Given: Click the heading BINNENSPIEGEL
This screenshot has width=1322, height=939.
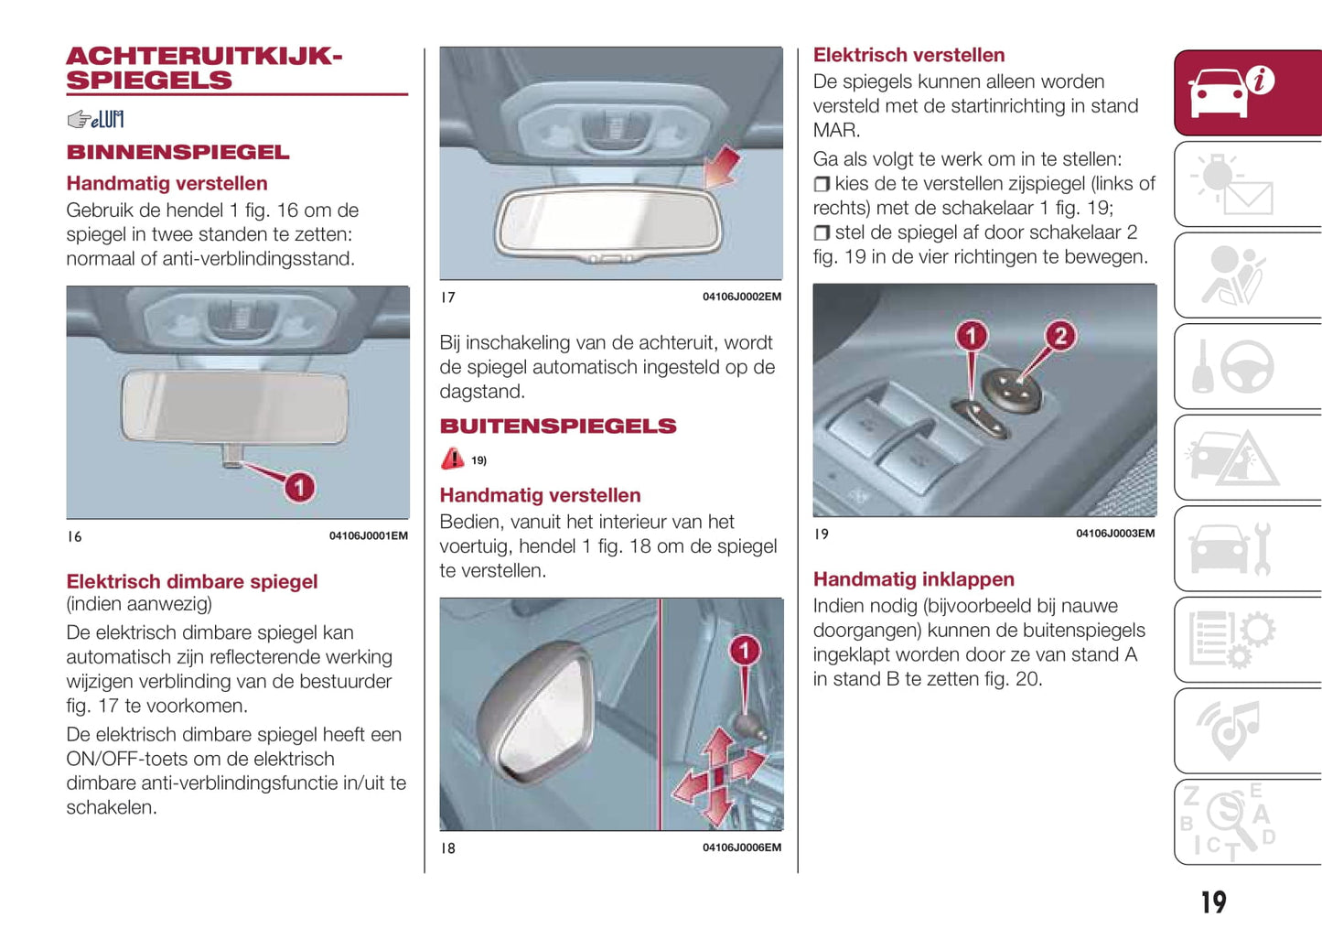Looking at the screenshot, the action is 177,152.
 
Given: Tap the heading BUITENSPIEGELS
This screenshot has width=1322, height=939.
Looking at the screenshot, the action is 558,426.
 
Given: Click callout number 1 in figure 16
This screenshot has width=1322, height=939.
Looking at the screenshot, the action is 299,487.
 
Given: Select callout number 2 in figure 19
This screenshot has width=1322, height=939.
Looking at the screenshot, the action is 1060,336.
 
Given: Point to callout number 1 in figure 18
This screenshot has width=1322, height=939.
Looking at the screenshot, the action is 745,650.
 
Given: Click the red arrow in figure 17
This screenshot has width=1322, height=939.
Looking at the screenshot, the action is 723,167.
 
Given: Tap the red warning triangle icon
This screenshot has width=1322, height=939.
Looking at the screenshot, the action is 453,459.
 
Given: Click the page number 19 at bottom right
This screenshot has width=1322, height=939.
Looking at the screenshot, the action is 1213,901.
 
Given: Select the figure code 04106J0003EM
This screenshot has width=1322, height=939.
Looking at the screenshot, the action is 1115,534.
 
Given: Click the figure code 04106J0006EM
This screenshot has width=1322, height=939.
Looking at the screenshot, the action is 741,847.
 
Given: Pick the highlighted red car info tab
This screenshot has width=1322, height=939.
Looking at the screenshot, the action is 1248,92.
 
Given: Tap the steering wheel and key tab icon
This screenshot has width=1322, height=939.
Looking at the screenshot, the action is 1232,366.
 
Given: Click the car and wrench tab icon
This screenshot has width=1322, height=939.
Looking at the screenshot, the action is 1231,549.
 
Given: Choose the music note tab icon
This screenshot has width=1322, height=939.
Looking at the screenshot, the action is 1229,730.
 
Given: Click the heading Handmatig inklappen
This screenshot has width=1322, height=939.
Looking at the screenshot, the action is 914,579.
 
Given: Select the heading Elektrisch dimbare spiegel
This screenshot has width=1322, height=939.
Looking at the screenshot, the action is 192,582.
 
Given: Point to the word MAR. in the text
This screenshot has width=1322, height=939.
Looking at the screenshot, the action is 836,130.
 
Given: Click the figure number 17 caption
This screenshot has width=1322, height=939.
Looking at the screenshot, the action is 448,297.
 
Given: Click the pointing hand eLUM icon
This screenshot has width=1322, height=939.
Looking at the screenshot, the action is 96,119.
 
